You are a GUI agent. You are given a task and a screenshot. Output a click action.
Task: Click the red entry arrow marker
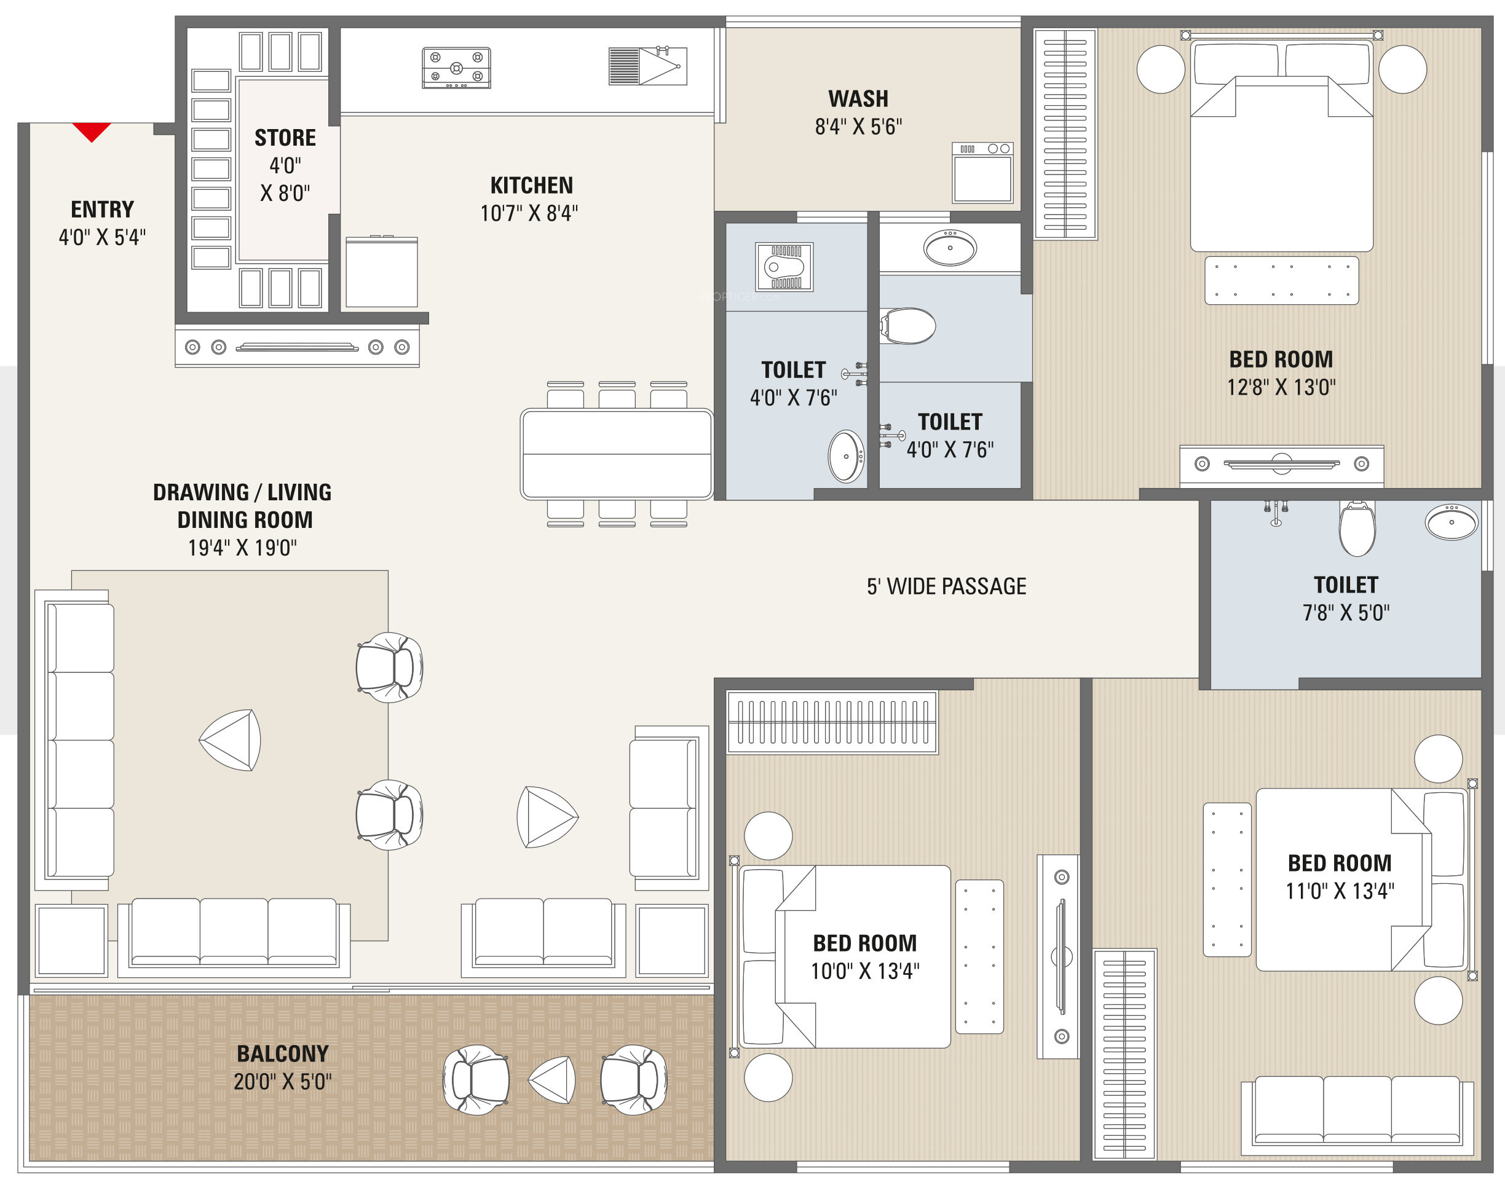pyautogui.click(x=92, y=130)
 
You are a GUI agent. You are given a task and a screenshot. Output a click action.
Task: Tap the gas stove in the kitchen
pyautogui.click(x=457, y=67)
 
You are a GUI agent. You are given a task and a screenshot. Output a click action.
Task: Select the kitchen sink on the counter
pyautogui.click(x=647, y=66)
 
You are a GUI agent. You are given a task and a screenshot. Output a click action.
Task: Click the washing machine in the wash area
pyautogui.click(x=982, y=172)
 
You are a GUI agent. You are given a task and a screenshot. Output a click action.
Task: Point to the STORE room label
pyautogui.click(x=285, y=138)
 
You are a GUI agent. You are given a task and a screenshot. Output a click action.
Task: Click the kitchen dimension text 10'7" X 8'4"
pyautogui.click(x=529, y=213)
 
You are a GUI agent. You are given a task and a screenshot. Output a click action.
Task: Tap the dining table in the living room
pyautogui.click(x=617, y=454)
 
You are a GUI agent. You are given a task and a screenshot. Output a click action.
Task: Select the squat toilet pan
pyautogui.click(x=784, y=266)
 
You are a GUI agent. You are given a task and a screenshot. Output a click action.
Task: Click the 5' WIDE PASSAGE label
pyautogui.click(x=946, y=586)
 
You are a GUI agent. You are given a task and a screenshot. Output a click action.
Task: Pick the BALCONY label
pyautogui.click(x=282, y=1053)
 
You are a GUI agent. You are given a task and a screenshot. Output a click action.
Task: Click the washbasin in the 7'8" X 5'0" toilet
pyautogui.click(x=1452, y=522)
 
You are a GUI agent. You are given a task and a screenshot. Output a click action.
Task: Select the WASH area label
pyautogui.click(x=858, y=98)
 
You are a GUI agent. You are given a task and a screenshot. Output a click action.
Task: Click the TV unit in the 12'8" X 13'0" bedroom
pyautogui.click(x=1282, y=465)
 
